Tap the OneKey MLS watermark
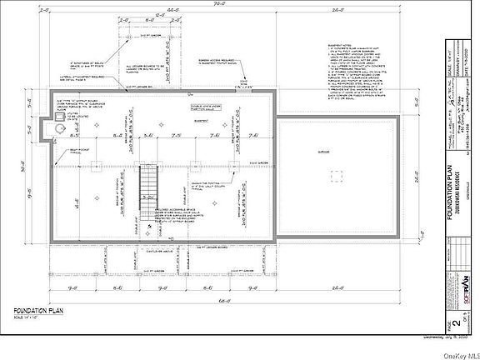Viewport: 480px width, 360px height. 457,353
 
